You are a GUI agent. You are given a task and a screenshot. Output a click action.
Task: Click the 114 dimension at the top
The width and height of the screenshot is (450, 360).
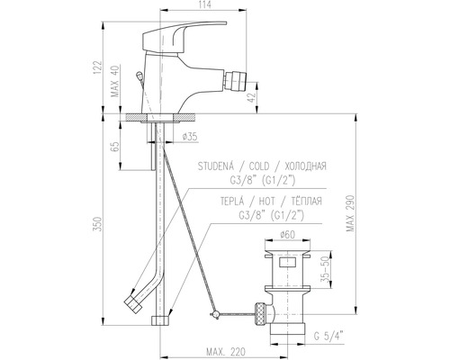point(205,4)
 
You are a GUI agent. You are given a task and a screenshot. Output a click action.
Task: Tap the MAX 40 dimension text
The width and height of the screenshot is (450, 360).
point(115,81)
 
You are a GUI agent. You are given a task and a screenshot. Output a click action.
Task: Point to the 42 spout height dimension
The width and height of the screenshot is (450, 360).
point(252,97)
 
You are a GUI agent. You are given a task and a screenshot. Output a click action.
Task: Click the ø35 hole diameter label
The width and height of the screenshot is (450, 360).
point(190,137)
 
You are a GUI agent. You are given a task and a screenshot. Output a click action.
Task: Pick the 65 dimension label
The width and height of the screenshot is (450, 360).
point(115,147)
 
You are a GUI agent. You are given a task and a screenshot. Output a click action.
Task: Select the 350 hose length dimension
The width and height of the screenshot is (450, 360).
point(97,223)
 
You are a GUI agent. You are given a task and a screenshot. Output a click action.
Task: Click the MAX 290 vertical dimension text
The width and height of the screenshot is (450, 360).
point(350,213)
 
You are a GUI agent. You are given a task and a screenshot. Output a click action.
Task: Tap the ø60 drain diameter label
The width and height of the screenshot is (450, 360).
point(288,235)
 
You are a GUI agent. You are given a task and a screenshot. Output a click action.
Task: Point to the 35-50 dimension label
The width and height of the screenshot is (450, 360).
point(324,269)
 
